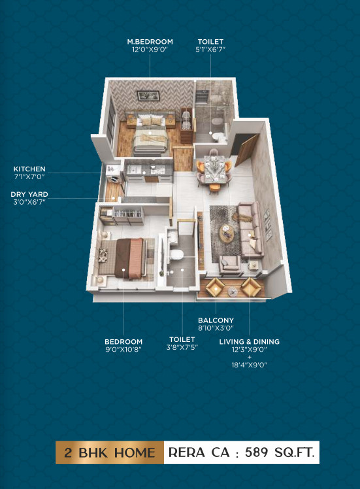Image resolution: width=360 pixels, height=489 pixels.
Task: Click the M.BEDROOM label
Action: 150,41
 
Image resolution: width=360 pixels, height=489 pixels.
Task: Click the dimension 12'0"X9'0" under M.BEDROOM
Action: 150,49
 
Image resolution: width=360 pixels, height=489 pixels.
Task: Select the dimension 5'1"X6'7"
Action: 210,49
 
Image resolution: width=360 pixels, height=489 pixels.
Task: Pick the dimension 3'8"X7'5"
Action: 182,347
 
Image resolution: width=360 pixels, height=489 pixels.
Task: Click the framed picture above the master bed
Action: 145,95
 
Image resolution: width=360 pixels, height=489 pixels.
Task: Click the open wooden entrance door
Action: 245,150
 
